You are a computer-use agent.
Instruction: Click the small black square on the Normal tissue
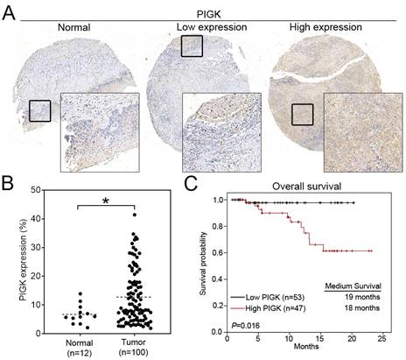[39, 110]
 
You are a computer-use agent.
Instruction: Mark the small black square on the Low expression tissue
[192, 46]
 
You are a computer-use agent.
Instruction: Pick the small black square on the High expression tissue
[303, 114]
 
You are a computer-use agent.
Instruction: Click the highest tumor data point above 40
[109, 215]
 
